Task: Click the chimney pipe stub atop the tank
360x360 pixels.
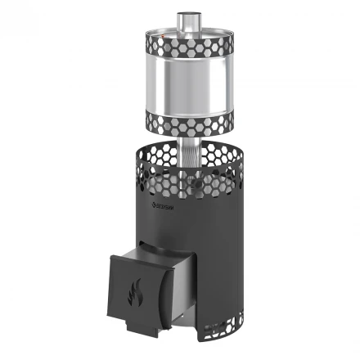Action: click(x=186, y=21)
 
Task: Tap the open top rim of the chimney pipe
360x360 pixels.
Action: click(x=186, y=13)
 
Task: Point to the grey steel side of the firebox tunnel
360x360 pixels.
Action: click(x=185, y=282)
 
